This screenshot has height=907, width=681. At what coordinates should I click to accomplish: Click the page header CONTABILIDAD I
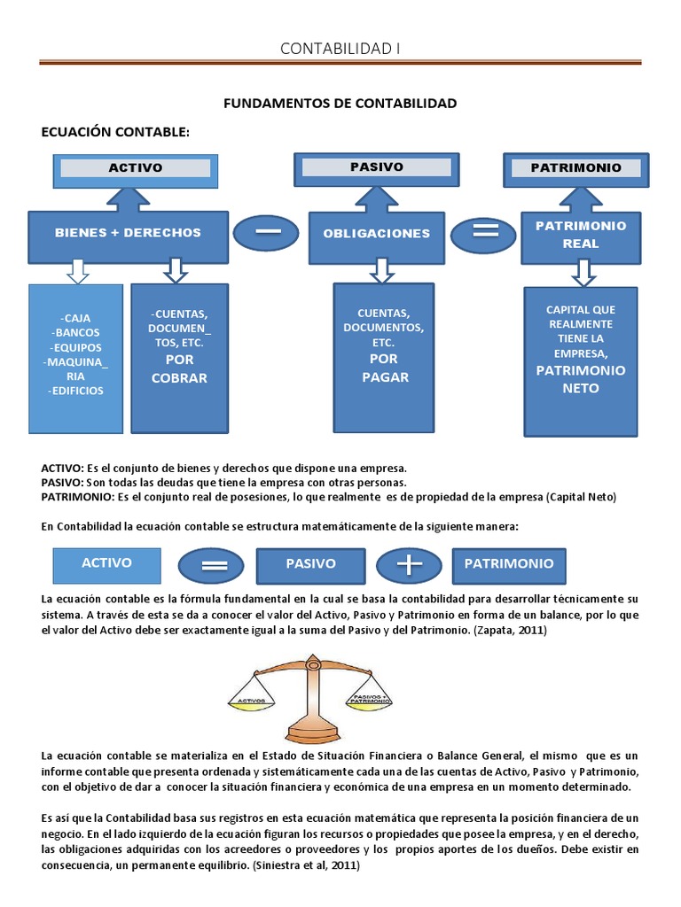point(340,48)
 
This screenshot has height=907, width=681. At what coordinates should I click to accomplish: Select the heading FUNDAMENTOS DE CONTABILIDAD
point(340,104)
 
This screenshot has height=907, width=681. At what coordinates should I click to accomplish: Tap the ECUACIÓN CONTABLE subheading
point(116,132)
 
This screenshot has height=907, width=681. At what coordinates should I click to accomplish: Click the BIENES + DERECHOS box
point(128,234)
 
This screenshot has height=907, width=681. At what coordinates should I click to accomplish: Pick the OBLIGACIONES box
point(376,234)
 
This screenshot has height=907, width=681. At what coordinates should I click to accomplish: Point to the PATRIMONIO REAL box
point(580,235)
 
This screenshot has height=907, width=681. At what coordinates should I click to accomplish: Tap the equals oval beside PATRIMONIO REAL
point(484,234)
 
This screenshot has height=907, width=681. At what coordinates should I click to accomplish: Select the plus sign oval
point(410,564)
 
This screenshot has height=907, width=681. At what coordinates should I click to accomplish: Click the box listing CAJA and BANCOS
point(75,359)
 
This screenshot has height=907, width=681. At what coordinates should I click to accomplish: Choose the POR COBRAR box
point(179,358)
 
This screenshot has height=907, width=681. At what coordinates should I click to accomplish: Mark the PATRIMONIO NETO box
point(580,361)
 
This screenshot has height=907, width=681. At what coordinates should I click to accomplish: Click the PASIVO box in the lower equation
point(310,564)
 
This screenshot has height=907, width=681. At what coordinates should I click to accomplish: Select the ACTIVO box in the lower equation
point(106,563)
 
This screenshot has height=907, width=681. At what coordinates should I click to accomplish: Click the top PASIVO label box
point(376,167)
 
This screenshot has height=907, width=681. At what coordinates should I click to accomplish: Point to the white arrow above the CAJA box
point(78,270)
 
